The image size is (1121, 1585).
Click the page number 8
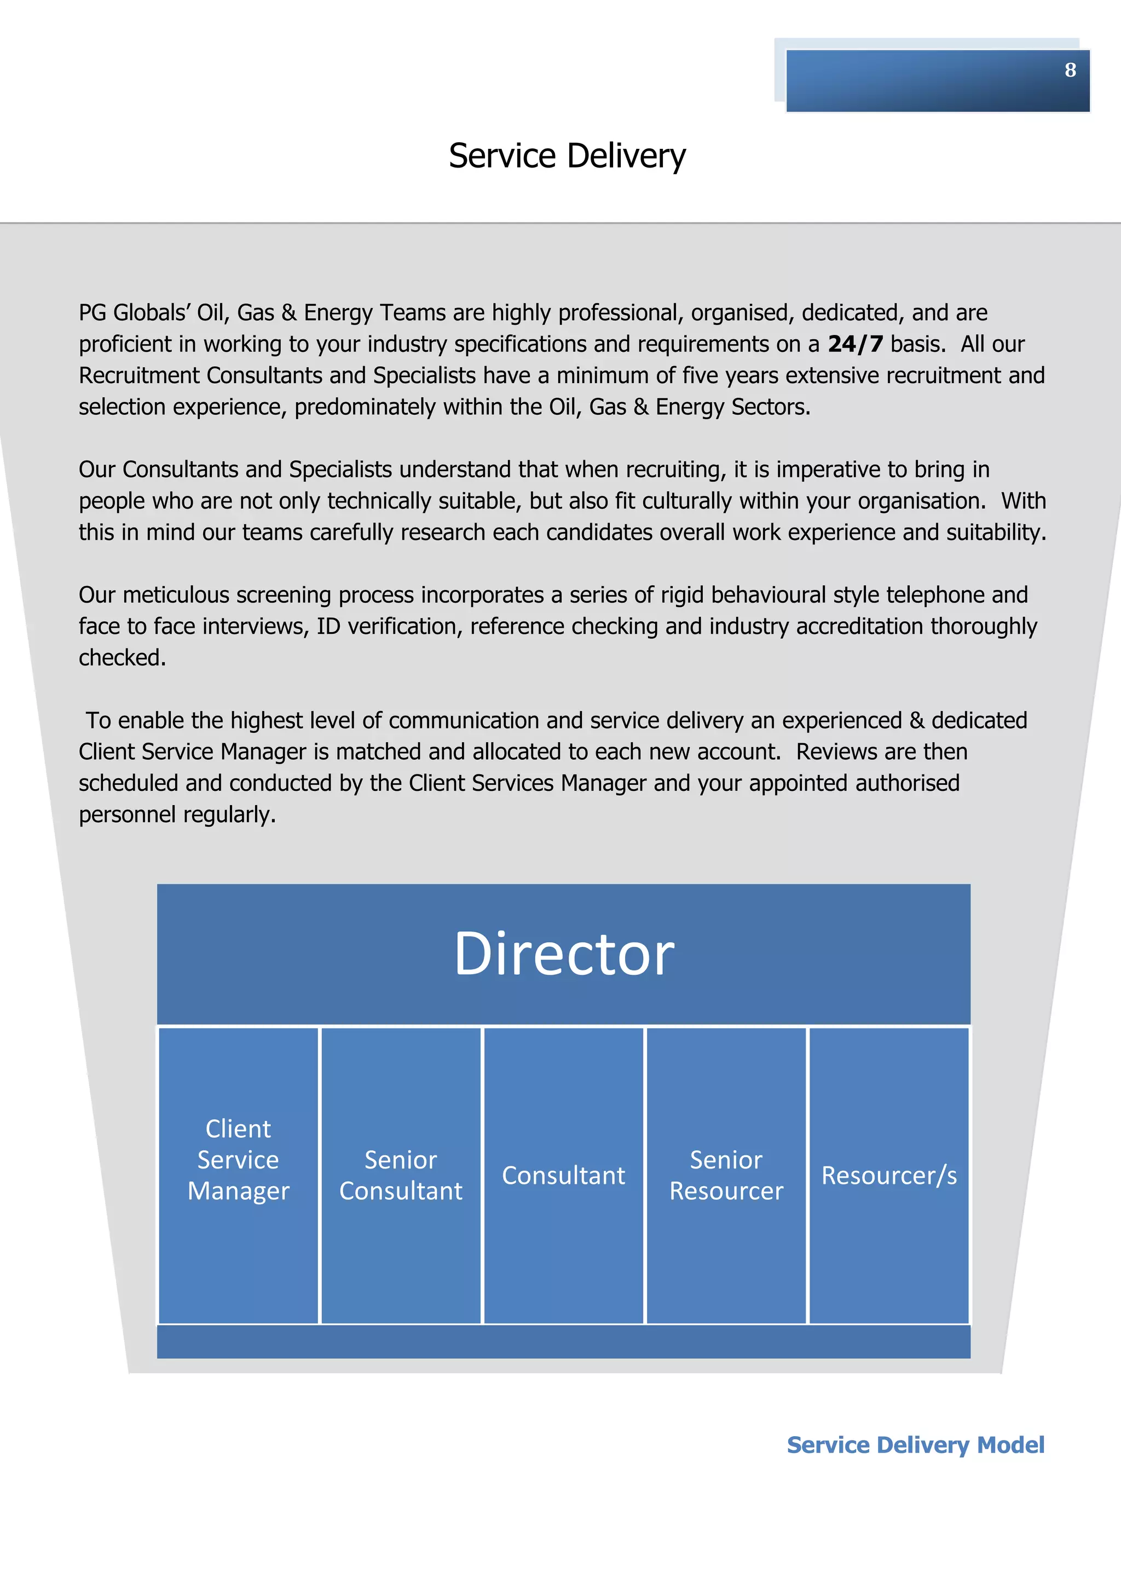(1070, 70)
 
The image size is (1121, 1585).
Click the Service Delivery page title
(567, 156)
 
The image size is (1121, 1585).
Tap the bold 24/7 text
(855, 344)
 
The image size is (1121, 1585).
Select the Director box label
(564, 954)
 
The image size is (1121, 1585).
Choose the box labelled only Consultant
(563, 1175)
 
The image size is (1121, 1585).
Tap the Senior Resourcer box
(726, 1175)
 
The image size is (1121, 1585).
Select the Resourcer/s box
(889, 1175)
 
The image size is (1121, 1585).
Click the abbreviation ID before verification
(328, 626)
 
